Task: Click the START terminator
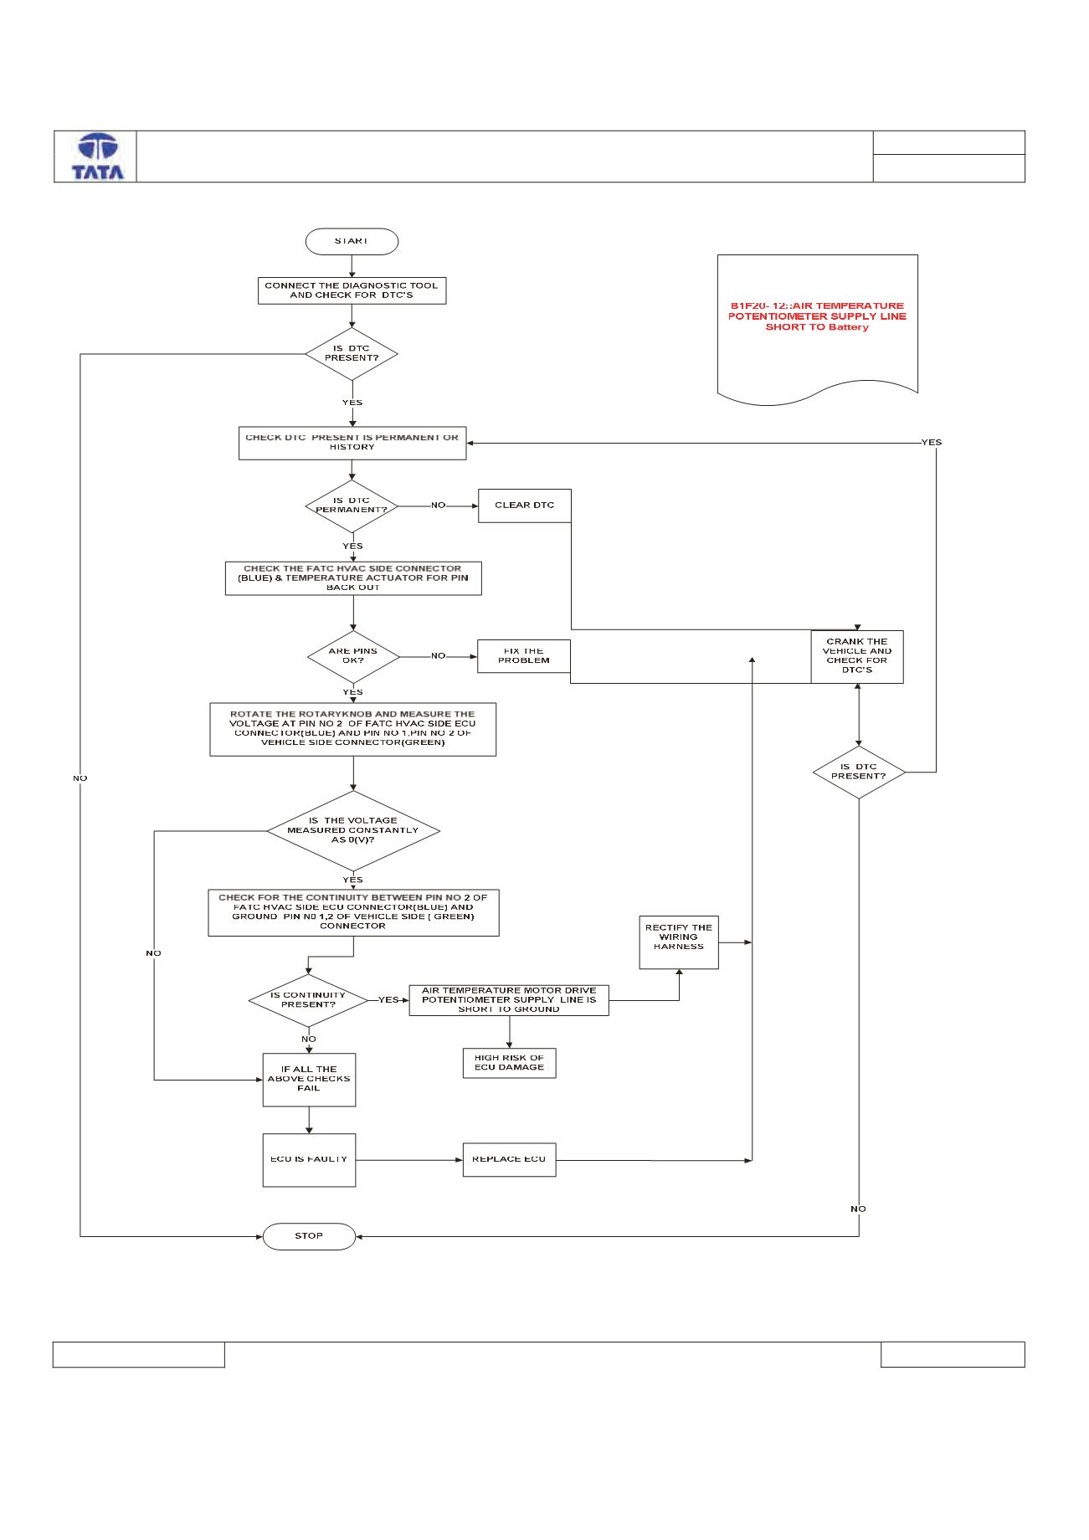(352, 241)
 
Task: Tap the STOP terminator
(309, 1236)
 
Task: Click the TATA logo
(98, 157)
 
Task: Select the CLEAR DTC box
(524, 506)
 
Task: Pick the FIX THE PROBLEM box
(524, 655)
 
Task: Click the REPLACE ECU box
(509, 1159)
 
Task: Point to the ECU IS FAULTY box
(309, 1160)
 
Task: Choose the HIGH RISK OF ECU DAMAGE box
(509, 1063)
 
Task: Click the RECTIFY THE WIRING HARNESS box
(679, 942)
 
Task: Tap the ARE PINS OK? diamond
(353, 656)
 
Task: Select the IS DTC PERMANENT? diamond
(352, 506)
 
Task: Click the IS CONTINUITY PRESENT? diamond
(308, 1000)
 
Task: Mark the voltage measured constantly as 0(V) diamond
(353, 830)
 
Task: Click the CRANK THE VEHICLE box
(857, 656)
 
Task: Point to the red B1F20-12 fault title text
(817, 316)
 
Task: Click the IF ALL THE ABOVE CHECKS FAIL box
(309, 1080)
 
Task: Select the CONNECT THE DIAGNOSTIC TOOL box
(352, 290)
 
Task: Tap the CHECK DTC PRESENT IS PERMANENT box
(352, 443)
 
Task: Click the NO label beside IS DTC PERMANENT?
(438, 506)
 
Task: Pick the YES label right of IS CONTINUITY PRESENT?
(388, 1000)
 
